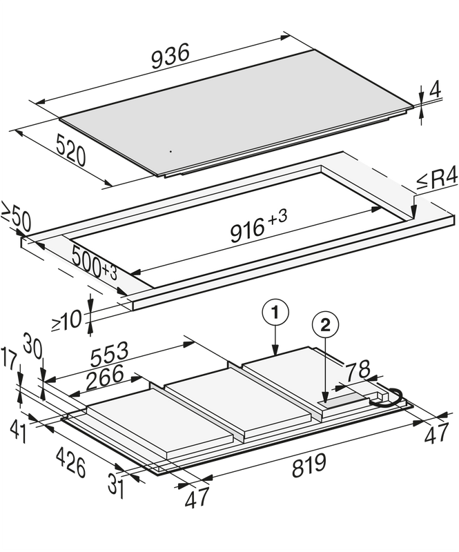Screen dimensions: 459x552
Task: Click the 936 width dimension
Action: click(x=170, y=57)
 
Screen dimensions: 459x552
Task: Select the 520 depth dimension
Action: click(x=71, y=150)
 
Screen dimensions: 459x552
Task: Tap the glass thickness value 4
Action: click(x=435, y=90)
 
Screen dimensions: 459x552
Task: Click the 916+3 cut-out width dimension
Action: click(x=259, y=226)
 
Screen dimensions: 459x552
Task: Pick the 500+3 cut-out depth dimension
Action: click(x=94, y=264)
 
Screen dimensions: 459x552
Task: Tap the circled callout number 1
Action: click(x=275, y=313)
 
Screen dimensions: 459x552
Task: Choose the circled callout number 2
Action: click(x=326, y=325)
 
